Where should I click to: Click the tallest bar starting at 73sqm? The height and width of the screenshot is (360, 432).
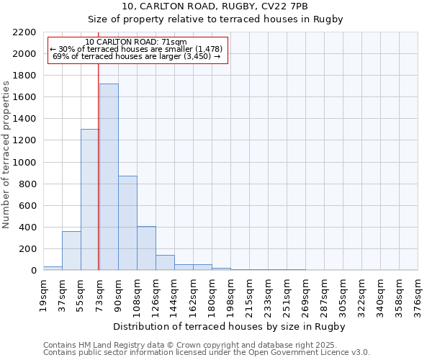point(109,177)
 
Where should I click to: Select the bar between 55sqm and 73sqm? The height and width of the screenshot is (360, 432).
point(90,199)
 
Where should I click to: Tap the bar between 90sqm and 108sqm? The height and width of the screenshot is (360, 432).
point(127,223)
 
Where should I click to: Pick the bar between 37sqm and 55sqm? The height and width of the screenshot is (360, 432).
point(71,251)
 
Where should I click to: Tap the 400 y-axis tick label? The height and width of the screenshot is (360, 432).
point(27,228)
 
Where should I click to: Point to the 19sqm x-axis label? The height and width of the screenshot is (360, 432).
point(43,294)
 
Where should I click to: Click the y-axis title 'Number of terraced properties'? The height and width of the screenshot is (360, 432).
point(6,154)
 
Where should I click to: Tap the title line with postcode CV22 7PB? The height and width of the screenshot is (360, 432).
point(215,6)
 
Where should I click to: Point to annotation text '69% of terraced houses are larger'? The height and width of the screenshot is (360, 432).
point(137,56)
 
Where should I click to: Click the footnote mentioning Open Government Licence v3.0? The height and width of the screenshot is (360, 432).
point(207,353)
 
